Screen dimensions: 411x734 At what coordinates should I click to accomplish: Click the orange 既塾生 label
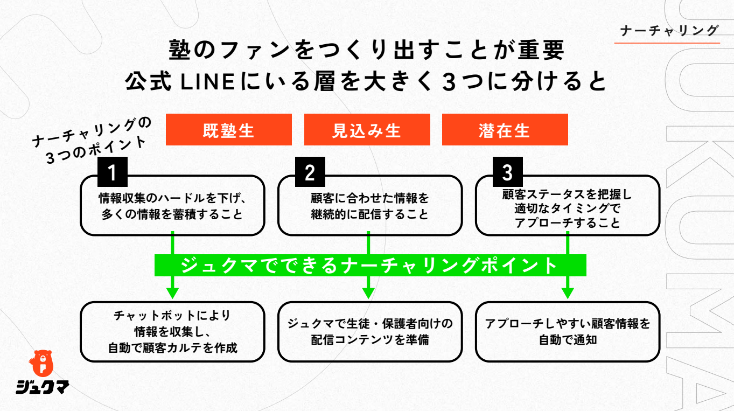pos(228,130)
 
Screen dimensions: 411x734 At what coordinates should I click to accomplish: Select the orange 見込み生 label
pos(367,130)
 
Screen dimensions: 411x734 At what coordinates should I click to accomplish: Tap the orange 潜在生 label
pos(505,130)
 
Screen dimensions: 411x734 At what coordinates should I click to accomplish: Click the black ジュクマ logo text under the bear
pos(42,387)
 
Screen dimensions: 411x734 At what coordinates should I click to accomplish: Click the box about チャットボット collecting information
pos(172,331)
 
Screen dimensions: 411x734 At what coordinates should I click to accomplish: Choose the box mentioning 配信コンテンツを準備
pos(370,331)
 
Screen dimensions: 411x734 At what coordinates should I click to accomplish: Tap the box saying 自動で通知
pos(568,331)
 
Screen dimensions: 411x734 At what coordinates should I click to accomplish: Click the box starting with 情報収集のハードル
pos(172,206)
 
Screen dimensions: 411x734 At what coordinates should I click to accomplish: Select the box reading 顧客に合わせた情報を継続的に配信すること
pos(370,206)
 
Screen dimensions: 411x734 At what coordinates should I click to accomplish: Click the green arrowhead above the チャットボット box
pos(172,292)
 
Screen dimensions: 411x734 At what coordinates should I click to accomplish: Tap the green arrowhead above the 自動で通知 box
pos(568,292)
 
